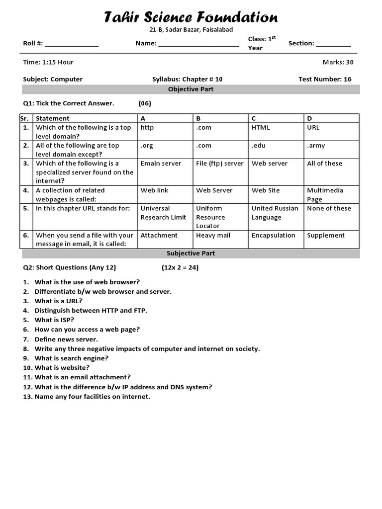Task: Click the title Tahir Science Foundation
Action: click(191, 17)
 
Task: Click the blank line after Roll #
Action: click(72, 44)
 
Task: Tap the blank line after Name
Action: click(198, 44)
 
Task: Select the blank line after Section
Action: click(333, 44)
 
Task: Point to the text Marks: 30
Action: click(338, 62)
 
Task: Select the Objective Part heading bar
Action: click(191, 89)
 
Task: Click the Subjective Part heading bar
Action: click(191, 254)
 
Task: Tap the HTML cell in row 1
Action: click(261, 128)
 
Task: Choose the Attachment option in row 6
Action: click(159, 236)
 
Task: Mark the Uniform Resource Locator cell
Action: click(210, 217)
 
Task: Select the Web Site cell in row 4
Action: click(266, 190)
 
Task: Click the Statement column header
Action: click(53, 118)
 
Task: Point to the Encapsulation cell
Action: click(273, 236)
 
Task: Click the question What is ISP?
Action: click(54, 320)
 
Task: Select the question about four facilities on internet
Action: click(92, 397)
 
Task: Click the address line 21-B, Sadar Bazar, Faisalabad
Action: click(191, 30)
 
